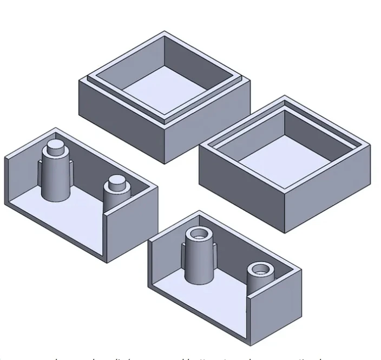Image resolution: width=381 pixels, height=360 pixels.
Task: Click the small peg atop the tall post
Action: tap(55, 147)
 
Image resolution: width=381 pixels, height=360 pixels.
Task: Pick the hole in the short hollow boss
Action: tap(259, 269)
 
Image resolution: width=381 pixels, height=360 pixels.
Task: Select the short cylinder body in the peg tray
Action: tap(115, 199)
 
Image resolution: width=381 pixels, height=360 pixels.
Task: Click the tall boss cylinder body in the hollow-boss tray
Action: tap(199, 263)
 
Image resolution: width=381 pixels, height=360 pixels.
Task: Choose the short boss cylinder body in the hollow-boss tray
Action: tap(259, 284)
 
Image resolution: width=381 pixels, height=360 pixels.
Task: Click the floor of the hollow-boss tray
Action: tap(216, 298)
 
